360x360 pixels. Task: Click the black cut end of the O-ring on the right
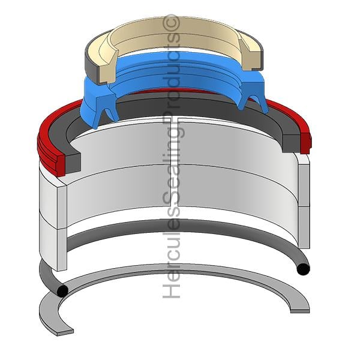click(303, 269)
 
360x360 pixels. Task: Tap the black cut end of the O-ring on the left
click(62, 291)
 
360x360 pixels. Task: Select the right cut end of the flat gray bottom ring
click(300, 311)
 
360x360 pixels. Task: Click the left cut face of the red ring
click(61, 166)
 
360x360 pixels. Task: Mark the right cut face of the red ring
click(305, 142)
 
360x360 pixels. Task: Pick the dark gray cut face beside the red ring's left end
click(73, 163)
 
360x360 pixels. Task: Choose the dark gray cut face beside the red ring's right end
click(291, 143)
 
